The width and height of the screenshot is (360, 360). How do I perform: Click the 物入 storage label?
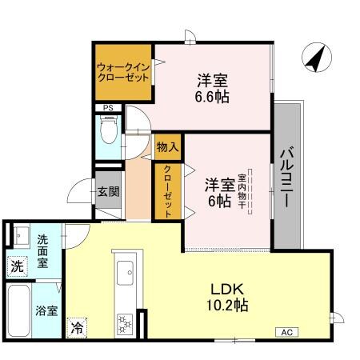coord(167,148)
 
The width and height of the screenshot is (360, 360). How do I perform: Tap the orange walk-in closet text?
coord(123,73)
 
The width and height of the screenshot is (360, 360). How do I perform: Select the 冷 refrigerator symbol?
coord(77,326)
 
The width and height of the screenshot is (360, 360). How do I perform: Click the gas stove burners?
coord(125,323)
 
